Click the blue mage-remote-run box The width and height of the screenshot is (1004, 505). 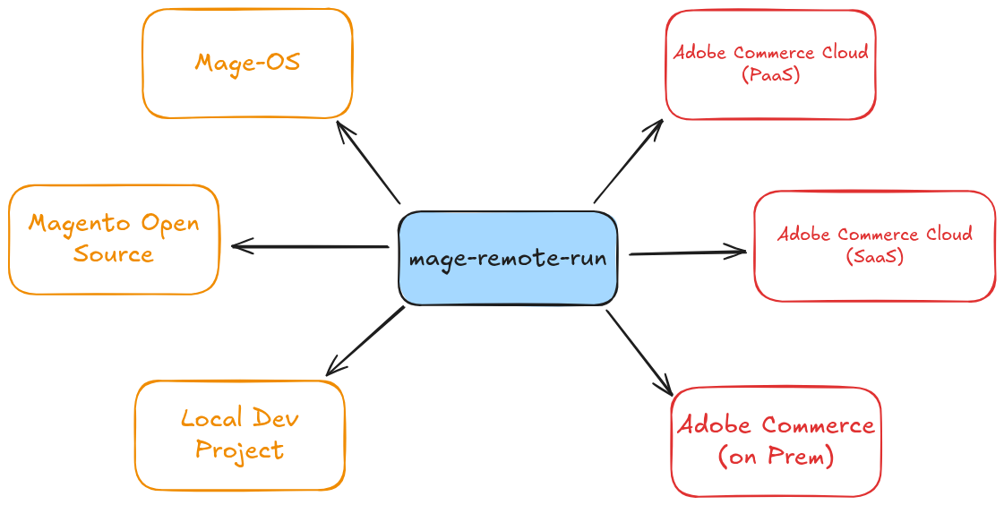pyautogui.click(x=508, y=259)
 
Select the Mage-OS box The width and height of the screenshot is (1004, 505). pyautogui.click(x=247, y=63)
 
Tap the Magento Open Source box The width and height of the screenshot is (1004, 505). pyautogui.click(x=114, y=239)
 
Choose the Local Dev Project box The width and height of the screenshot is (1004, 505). pyautogui.click(x=240, y=434)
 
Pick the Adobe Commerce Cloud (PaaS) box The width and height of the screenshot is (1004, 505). pyautogui.click(x=770, y=64)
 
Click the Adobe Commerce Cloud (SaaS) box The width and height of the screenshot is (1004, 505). pyautogui.click(x=874, y=245)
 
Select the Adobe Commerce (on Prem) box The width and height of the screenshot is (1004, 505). pyautogui.click(x=776, y=441)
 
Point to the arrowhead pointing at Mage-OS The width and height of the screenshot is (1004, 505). pyautogui.click(x=340, y=126)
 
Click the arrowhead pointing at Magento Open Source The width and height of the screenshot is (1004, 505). pyautogui.click(x=237, y=246)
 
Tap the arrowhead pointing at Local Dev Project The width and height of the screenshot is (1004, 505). pyautogui.click(x=330, y=369)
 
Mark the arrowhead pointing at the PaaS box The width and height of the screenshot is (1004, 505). pyautogui.click(x=656, y=124)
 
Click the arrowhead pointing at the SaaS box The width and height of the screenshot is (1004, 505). pyautogui.click(x=740, y=252)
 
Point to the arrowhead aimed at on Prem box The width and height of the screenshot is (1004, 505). pyautogui.click(x=667, y=389)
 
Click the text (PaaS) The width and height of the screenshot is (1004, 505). pyautogui.click(x=770, y=76)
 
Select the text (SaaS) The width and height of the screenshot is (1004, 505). pyautogui.click(x=874, y=257)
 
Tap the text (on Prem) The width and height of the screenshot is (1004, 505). pyautogui.click(x=776, y=458)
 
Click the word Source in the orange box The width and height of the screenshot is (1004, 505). pyautogui.click(x=114, y=254)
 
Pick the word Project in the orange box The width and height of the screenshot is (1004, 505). pyautogui.click(x=240, y=449)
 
